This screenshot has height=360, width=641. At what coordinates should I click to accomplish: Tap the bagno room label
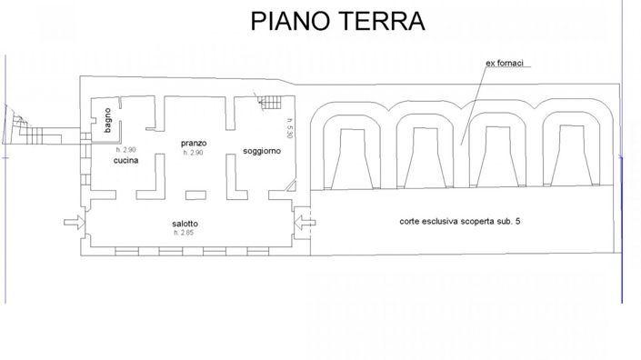pos(107,121)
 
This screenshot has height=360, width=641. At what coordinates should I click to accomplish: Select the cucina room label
pos(126,160)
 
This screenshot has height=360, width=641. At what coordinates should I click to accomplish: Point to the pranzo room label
pos(194,143)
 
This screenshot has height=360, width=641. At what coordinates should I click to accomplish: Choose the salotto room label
pos(185,223)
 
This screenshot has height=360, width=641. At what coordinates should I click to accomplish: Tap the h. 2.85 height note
pos(185,233)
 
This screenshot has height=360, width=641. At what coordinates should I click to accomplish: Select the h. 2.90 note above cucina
pos(126,150)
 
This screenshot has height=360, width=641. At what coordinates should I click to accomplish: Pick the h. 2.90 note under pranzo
pos(194,152)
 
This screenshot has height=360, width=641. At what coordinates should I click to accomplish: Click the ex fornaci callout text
pos(509,63)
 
